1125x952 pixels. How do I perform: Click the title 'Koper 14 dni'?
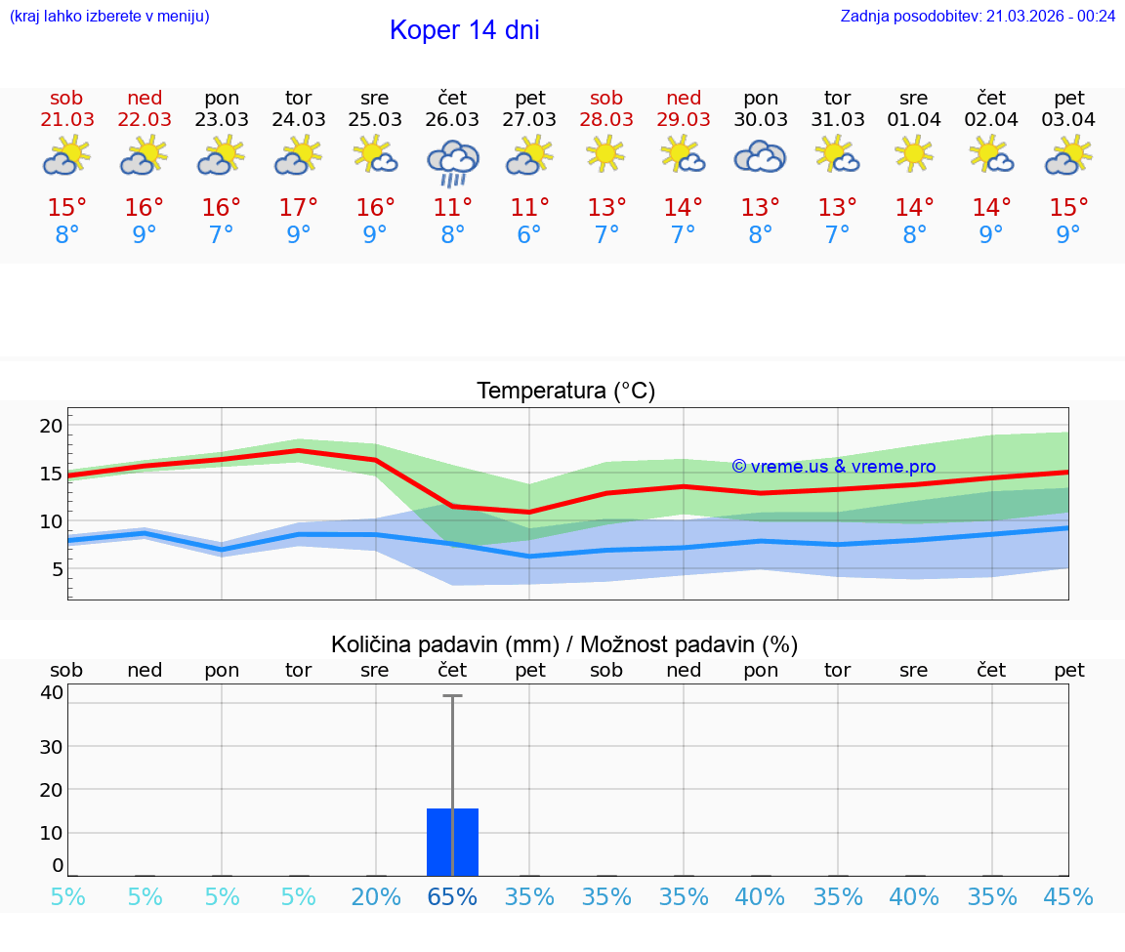[x=464, y=30]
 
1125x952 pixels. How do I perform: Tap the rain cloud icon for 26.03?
[x=452, y=162]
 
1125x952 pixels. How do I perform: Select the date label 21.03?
[x=67, y=120]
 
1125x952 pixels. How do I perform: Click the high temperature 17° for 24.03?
[x=298, y=208]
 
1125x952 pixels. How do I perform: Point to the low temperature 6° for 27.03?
[x=529, y=235]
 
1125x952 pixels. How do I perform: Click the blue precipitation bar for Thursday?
[x=452, y=842]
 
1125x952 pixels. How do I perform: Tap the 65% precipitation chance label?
[x=452, y=897]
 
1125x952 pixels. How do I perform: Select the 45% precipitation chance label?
[x=1068, y=897]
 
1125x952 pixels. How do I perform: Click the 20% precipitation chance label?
[x=375, y=897]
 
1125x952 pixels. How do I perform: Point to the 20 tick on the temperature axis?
[x=51, y=426]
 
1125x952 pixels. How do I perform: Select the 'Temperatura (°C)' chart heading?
[x=565, y=392]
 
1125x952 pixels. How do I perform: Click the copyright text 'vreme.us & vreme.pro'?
[x=834, y=467]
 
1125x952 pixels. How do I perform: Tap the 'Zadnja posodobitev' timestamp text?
[x=978, y=16]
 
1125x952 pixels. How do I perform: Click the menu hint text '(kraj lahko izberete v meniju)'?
[x=109, y=16]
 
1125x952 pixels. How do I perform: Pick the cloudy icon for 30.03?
[x=760, y=157]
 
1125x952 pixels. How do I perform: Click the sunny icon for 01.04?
[x=914, y=154]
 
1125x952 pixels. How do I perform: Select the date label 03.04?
[x=1068, y=120]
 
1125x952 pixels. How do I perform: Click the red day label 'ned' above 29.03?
[x=684, y=99]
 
